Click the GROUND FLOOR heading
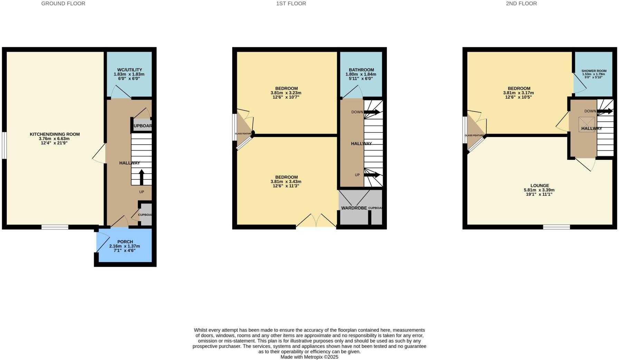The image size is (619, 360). (63, 3)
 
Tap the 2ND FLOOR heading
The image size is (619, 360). (521, 3)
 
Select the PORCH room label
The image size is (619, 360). (125, 242)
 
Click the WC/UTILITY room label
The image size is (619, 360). (130, 70)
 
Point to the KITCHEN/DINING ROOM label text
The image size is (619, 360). (55, 134)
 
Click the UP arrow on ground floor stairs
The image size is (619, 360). (142, 177)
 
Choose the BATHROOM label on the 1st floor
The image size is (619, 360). (361, 70)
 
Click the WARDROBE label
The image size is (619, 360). (354, 208)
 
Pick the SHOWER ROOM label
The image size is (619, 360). (594, 71)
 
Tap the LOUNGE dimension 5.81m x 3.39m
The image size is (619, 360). (539, 190)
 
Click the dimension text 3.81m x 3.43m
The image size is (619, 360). (286, 182)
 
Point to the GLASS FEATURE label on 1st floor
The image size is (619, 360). (243, 134)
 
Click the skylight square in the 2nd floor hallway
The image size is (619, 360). (587, 124)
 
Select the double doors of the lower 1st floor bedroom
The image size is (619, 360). (316, 221)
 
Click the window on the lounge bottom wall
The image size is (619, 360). (556, 227)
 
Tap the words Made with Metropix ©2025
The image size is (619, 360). (309, 357)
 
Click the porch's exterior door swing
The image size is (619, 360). (103, 242)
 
